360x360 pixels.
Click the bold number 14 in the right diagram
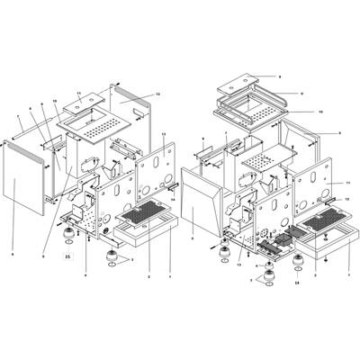[x=296, y=282]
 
